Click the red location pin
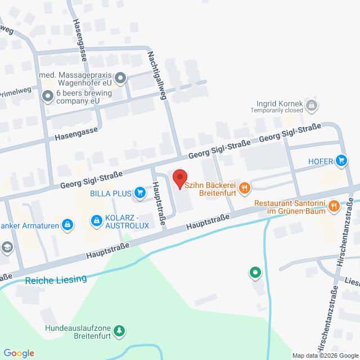pyautogui.click(x=179, y=178)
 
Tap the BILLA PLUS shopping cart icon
pyautogui.click(x=138, y=192)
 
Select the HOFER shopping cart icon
pyautogui.click(x=341, y=161)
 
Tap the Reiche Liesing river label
pyautogui.click(x=56, y=279)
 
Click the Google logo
pyautogui.click(x=19, y=353)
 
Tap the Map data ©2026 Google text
pyautogui.click(x=325, y=355)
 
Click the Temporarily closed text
pyautogui.click(x=278, y=110)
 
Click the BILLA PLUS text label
pyautogui.click(x=109, y=193)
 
